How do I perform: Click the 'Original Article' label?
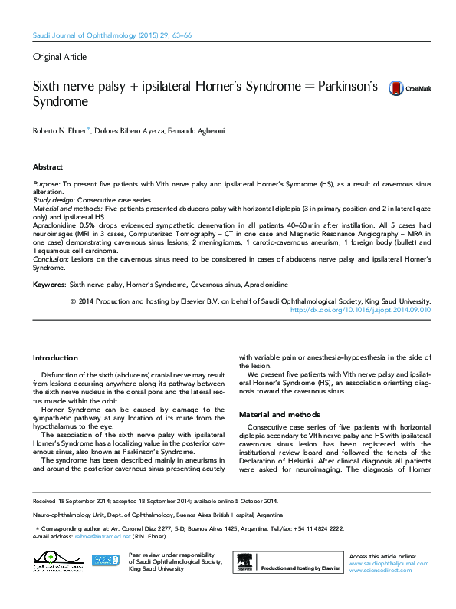[60, 57]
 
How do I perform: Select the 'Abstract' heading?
[48, 166]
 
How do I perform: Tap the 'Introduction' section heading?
[55, 358]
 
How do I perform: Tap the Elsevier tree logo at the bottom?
[244, 563]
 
